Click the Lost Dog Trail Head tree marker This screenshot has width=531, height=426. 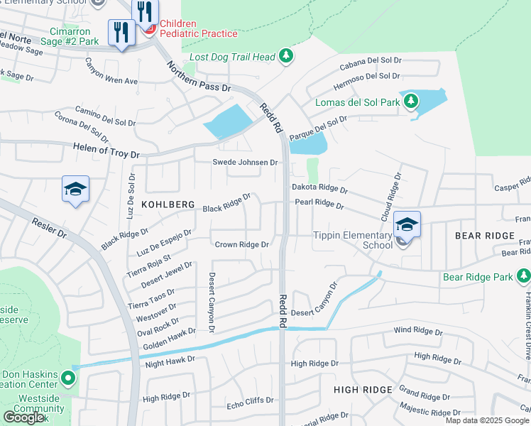[x=285, y=55]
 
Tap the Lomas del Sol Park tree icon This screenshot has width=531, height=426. [x=410, y=102]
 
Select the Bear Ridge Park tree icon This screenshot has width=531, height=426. [x=523, y=275]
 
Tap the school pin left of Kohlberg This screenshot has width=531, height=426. [x=75, y=190]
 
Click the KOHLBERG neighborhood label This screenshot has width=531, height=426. [x=168, y=204]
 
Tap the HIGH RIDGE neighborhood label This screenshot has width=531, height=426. [x=363, y=390]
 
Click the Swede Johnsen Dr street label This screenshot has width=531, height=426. [x=245, y=163]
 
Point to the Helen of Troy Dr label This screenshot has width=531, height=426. [x=106, y=151]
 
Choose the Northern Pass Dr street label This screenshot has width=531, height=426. [x=199, y=77]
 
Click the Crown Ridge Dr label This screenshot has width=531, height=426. [x=241, y=244]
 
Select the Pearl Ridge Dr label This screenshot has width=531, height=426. [x=319, y=205]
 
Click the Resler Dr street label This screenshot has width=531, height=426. [x=50, y=229]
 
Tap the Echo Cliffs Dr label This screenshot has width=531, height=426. [x=249, y=400]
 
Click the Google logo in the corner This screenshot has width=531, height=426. [x=23, y=417]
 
